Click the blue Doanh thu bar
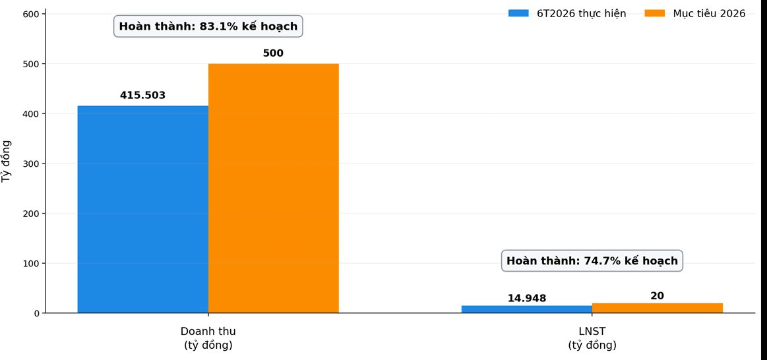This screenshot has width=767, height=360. (x=143, y=210)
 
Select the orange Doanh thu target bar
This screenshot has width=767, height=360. (x=274, y=189)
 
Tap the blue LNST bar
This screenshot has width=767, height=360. (x=527, y=309)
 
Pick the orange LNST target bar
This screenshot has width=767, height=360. (x=658, y=308)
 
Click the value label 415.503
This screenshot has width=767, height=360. (x=143, y=96)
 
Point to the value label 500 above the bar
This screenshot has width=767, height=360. (x=274, y=53)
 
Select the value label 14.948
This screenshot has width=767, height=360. (x=527, y=299)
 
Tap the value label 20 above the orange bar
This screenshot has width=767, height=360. (x=658, y=296)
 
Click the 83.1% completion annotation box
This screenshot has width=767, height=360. (x=208, y=26)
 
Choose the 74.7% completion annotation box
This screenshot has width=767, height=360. (x=592, y=260)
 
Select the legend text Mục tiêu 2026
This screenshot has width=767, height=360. (x=709, y=14)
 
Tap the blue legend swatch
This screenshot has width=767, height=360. (x=518, y=13)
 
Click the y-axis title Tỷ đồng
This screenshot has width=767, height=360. (x=7, y=162)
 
